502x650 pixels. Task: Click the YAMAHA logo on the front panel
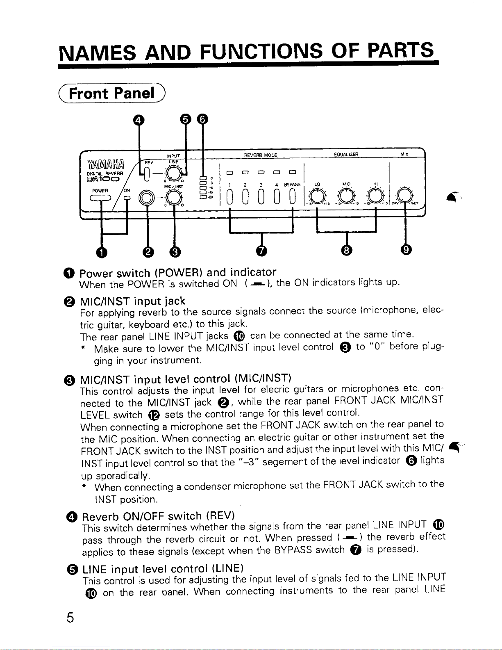point(106,164)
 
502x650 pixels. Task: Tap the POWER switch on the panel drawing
point(100,198)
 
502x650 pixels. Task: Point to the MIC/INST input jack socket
point(146,197)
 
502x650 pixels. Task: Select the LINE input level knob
point(174,173)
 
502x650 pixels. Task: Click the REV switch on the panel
point(147,174)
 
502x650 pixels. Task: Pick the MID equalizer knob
point(346,196)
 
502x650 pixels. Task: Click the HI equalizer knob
point(376,196)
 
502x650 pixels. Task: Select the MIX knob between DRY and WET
point(404,196)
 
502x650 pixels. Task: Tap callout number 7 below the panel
point(261,251)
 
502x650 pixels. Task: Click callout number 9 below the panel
point(406,249)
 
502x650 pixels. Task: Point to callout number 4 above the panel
point(138,120)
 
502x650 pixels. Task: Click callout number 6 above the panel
point(202,119)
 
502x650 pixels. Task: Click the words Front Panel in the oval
point(111,93)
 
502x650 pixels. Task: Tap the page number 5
point(70,617)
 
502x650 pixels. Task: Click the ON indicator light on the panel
point(127,198)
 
